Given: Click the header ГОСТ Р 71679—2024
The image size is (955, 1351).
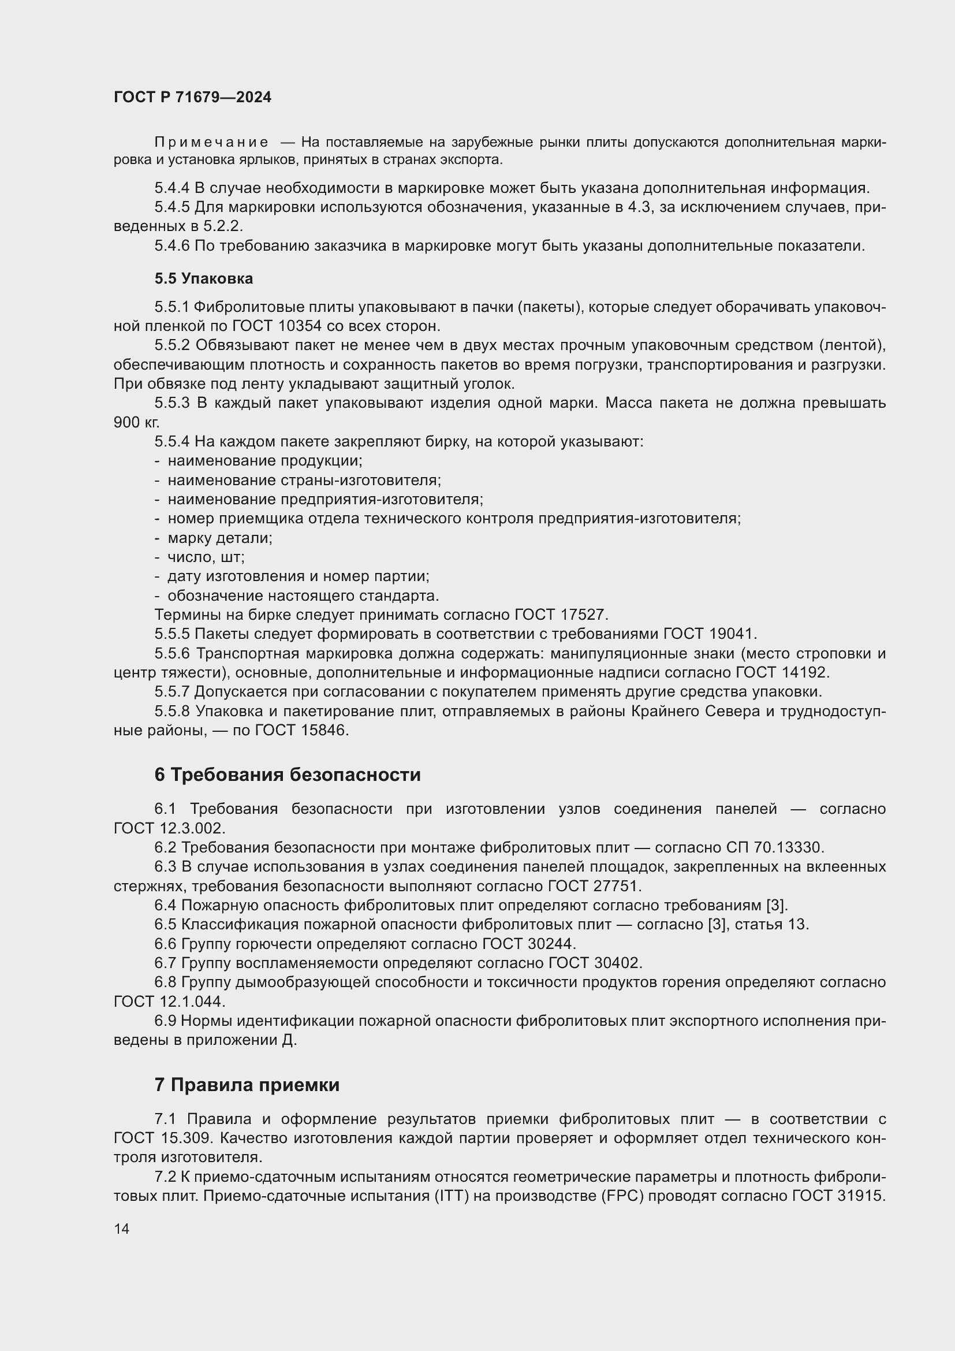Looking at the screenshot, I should pos(192,98).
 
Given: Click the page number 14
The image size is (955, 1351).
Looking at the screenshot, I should pos(122,1229).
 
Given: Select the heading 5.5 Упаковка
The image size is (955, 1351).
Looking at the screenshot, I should pos(203,278).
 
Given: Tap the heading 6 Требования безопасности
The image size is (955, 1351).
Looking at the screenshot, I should pos(287,775).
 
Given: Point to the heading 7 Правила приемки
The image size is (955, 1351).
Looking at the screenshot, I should pos(247,1085).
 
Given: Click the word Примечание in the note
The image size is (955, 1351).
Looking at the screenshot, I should pos(211,143).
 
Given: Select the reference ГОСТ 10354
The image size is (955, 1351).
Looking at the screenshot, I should pos(277,326).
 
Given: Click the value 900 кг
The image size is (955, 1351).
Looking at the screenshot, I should pos(136,422).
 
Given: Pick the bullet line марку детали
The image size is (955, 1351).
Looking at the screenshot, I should pos(219,538).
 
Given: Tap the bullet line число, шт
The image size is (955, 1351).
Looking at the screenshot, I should pos(206,557).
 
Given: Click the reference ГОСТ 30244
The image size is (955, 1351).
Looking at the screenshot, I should pos(528,943).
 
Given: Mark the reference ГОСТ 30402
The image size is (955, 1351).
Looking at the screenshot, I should pos(594,963).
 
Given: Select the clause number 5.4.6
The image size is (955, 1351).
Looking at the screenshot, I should pos(171,246).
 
